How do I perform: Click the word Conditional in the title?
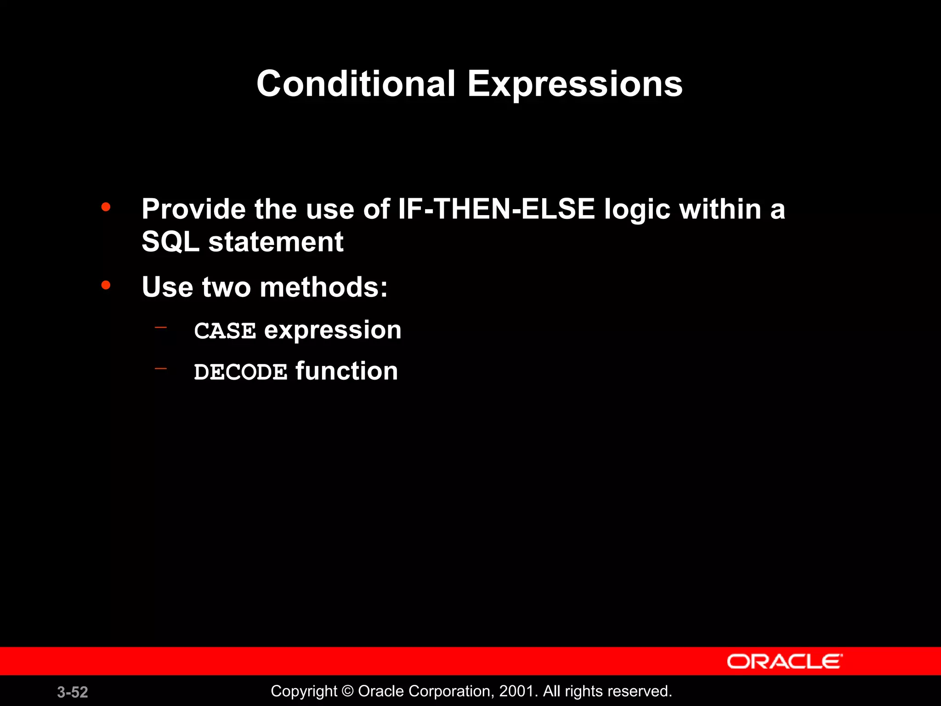[x=356, y=84]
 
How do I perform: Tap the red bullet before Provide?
[x=106, y=207]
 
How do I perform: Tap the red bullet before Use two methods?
[x=106, y=285]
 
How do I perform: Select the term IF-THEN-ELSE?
[x=496, y=209]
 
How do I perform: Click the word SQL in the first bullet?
[x=170, y=242]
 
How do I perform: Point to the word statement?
[x=276, y=242]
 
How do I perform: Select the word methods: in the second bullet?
[x=323, y=287]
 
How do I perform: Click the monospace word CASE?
[x=225, y=331]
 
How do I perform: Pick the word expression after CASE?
[x=333, y=331]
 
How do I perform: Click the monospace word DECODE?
[x=240, y=372]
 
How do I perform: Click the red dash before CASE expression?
[x=161, y=328]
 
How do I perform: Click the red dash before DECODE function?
[x=161, y=369]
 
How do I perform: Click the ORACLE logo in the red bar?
[x=784, y=661]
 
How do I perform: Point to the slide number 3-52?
[x=73, y=692]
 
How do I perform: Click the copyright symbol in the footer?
[x=348, y=691]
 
